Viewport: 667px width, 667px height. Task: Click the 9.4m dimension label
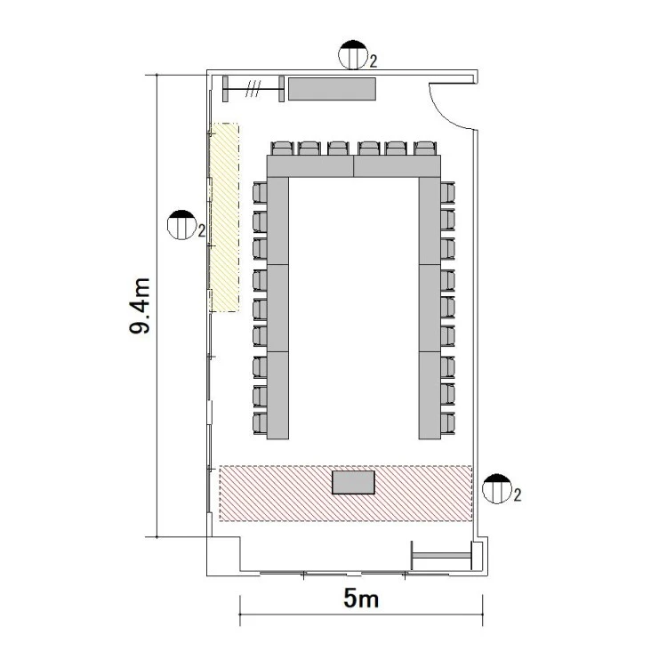(x=140, y=306)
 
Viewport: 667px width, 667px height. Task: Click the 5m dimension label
(x=361, y=599)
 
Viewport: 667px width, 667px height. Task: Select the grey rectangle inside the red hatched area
(x=353, y=482)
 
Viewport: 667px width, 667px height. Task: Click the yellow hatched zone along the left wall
(x=225, y=217)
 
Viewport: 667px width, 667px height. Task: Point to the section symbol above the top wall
(x=353, y=55)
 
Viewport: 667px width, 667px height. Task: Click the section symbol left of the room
(x=181, y=225)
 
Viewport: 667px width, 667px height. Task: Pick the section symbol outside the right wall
(x=497, y=489)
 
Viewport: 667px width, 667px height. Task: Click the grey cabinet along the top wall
(x=332, y=89)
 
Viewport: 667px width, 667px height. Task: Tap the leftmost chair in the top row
(x=283, y=149)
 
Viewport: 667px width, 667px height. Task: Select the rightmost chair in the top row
(x=425, y=149)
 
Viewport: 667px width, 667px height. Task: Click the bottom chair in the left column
(x=260, y=423)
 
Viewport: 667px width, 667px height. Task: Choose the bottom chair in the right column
(x=447, y=423)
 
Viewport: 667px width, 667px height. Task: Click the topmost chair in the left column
(x=260, y=193)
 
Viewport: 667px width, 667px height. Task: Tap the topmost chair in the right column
(x=447, y=193)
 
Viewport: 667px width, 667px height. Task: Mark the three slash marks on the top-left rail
(x=253, y=89)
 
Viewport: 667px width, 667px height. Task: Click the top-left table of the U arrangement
(x=310, y=166)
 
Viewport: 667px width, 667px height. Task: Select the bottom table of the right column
(x=430, y=395)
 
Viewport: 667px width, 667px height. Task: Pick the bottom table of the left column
(x=277, y=395)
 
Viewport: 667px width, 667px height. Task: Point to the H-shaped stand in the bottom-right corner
(x=442, y=555)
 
